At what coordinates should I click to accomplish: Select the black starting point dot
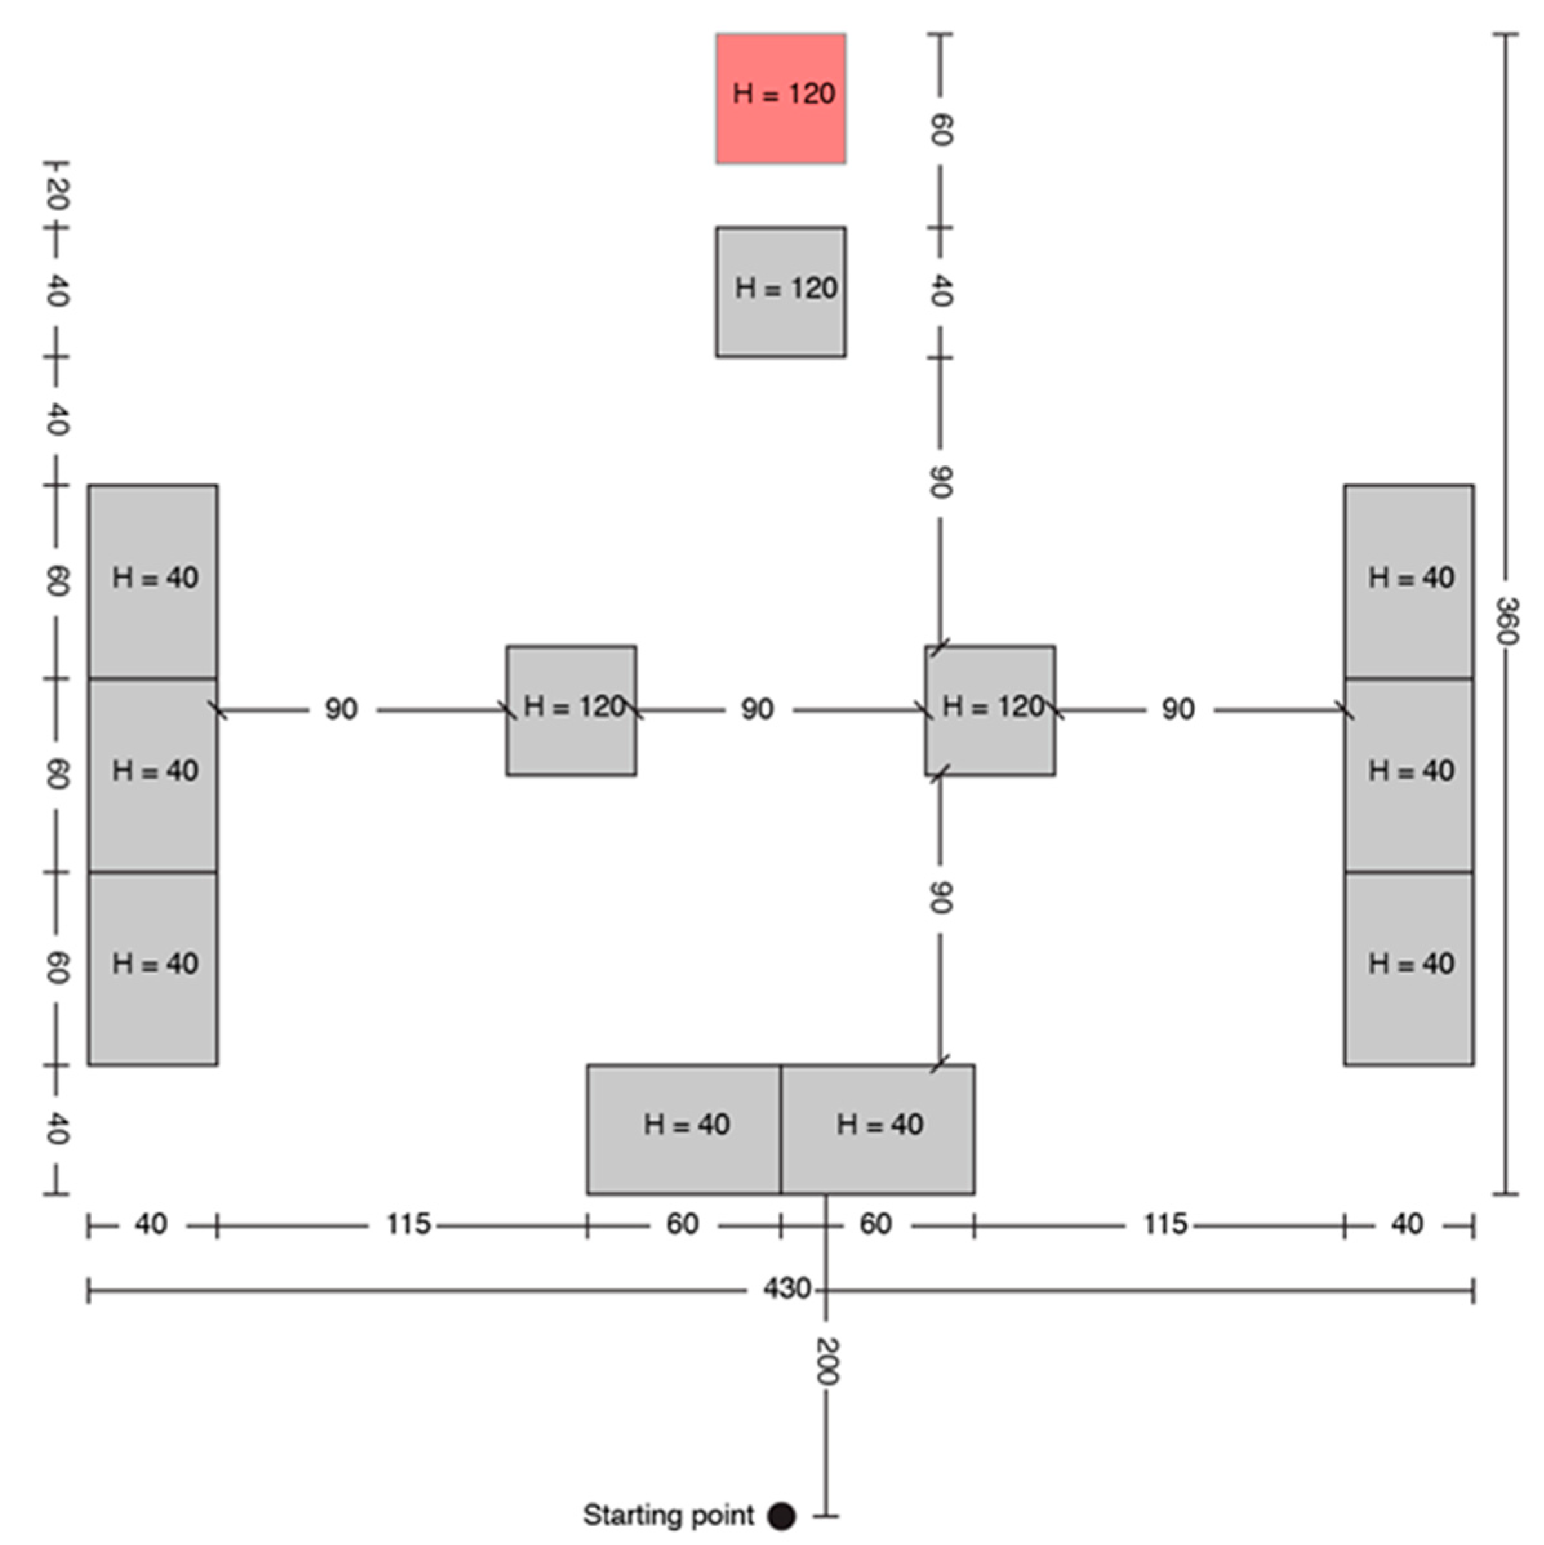coord(781,1515)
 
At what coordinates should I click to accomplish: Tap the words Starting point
coord(668,1515)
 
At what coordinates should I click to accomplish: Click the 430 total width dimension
coord(786,1289)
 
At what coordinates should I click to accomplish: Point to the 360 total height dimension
coord(1505,620)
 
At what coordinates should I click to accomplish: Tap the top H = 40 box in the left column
coord(153,581)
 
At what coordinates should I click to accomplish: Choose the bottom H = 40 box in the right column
coord(1408,967)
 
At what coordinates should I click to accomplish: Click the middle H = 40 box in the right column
coord(1408,774)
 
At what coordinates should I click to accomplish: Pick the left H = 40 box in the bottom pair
coord(684,1129)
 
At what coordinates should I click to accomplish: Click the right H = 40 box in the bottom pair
coord(878,1129)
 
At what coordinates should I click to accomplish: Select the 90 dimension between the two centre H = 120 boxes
coord(757,708)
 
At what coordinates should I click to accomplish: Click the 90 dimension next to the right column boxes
coord(1178,708)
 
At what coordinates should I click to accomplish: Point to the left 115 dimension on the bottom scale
coord(408,1223)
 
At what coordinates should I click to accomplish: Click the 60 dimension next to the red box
coord(941,130)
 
